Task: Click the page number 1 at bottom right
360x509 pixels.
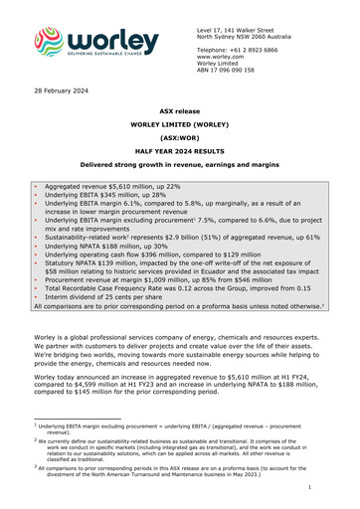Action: point(338,488)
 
